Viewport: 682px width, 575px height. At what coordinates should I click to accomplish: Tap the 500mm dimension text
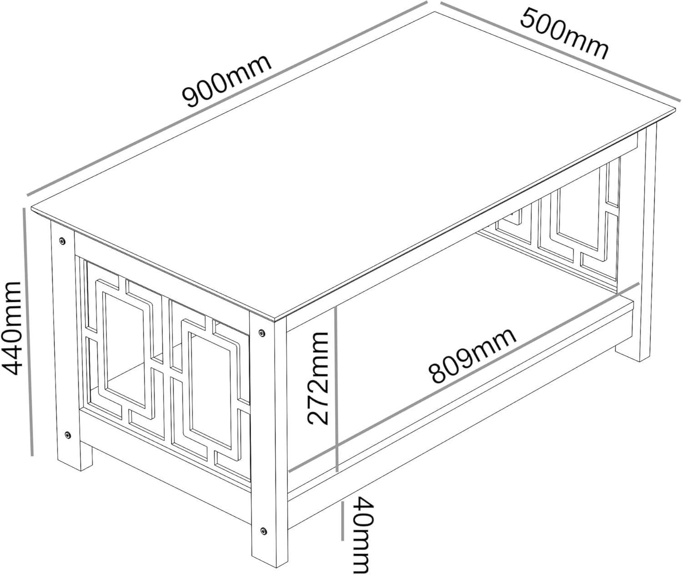click(564, 34)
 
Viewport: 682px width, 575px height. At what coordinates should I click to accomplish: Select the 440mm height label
click(11, 329)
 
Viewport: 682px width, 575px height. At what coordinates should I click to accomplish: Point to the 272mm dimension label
click(317, 379)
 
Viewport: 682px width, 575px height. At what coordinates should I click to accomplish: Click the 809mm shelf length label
click(473, 356)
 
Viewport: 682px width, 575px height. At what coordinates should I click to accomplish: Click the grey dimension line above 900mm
click(227, 99)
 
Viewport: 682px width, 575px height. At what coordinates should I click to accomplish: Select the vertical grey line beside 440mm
click(28, 332)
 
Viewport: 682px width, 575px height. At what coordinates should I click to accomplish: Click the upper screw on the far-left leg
click(61, 241)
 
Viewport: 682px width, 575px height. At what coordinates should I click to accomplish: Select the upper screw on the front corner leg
click(261, 333)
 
